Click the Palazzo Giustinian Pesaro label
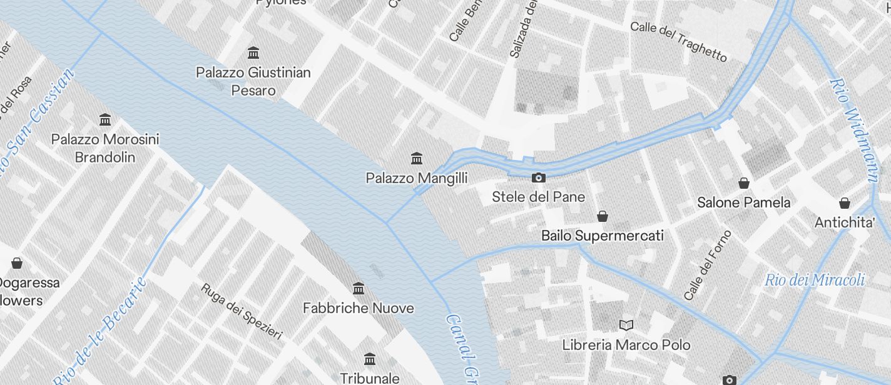(253, 81)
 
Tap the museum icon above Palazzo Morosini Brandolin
(105, 119)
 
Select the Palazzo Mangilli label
(417, 179)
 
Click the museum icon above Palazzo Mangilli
(417, 158)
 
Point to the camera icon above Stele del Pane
(538, 178)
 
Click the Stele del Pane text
(538, 197)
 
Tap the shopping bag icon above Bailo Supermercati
(602, 216)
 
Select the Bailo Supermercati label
(602, 236)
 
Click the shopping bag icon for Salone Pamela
(744, 183)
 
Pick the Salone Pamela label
(744, 202)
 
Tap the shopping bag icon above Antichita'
(845, 202)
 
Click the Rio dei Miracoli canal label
(815, 280)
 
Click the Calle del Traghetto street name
(679, 42)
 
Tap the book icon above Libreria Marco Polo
(626, 325)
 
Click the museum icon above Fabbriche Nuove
(359, 288)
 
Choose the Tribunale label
(370, 378)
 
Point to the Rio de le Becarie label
(100, 331)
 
